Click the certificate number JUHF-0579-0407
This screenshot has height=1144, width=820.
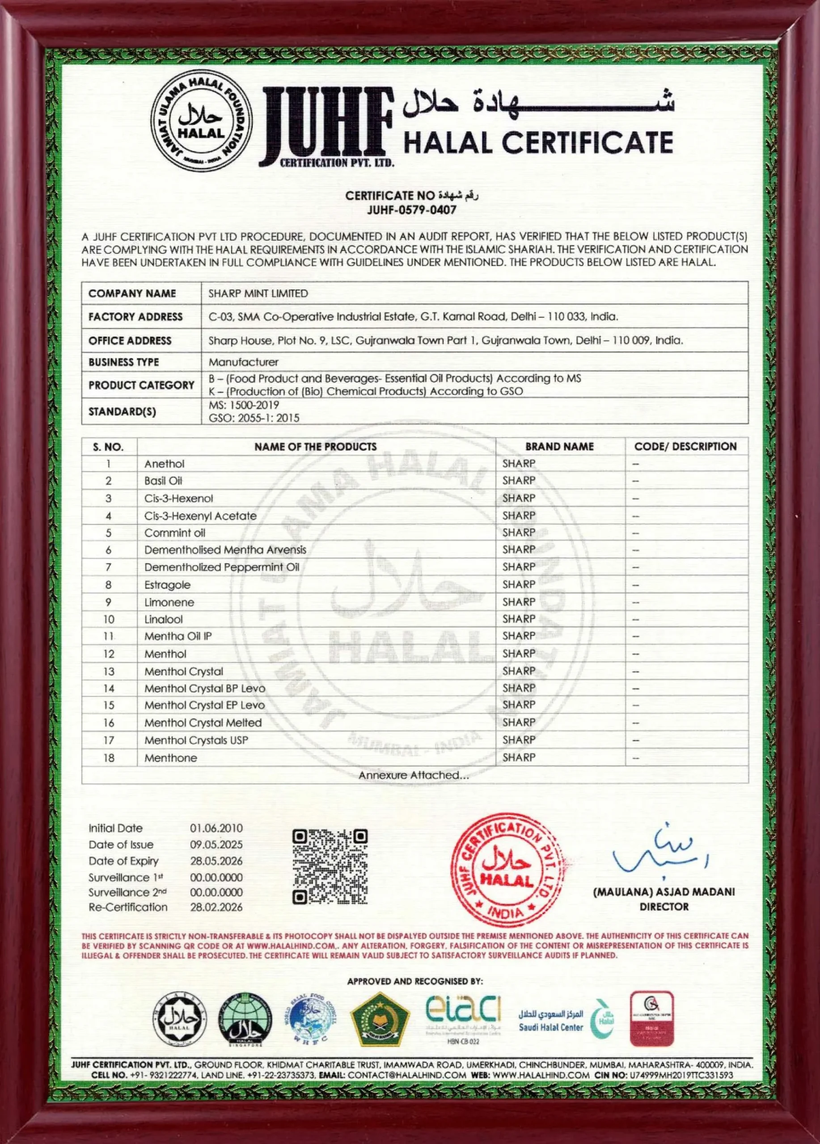[x=411, y=210]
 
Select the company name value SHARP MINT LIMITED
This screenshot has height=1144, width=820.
[x=258, y=293]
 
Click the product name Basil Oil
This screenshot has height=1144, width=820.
[x=163, y=481]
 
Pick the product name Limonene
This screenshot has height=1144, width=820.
[x=169, y=602]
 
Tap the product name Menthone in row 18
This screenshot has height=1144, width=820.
[x=170, y=757]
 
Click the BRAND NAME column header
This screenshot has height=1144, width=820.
[x=559, y=446]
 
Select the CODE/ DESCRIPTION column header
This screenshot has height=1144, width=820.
[x=685, y=446]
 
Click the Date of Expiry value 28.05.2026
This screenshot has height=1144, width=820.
[x=216, y=861]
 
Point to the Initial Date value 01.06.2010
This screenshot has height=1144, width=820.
[x=216, y=828]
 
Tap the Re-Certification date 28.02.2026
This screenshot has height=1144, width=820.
[x=216, y=907]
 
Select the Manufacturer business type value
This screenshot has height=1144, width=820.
[x=243, y=362]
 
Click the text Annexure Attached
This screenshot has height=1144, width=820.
[x=414, y=775]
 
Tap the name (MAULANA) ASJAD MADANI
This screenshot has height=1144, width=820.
[x=664, y=892]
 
